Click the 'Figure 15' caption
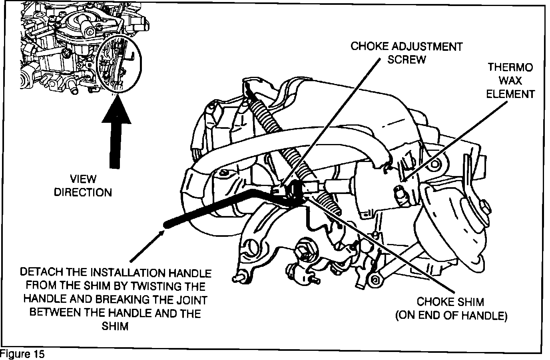(22, 354)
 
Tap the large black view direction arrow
(116, 132)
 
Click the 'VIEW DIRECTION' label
(83, 186)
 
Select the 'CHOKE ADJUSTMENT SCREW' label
(407, 53)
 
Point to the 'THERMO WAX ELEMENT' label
(510, 81)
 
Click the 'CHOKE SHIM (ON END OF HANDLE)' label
(451, 308)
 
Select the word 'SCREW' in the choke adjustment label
(407, 60)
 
